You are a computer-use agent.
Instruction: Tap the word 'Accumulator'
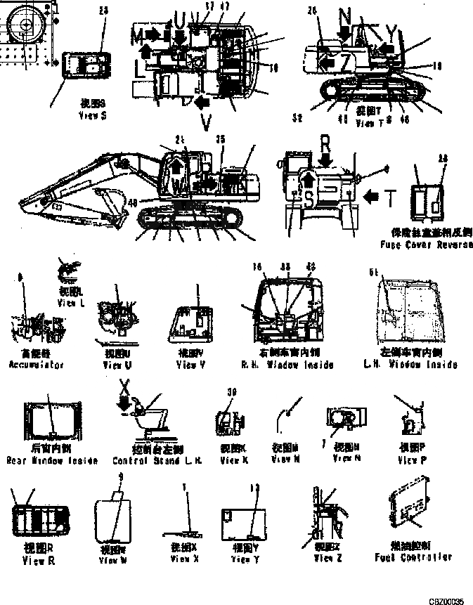pos(36,365)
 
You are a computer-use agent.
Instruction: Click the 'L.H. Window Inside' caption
pos(408,365)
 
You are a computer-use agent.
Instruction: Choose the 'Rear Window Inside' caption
pos(46,460)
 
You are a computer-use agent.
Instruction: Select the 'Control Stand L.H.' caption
pos(148,460)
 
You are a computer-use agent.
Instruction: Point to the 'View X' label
pos(184,559)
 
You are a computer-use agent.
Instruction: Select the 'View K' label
pos(233,460)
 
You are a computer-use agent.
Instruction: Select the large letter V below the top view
pos(206,123)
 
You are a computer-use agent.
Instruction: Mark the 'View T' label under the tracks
pos(368,123)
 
